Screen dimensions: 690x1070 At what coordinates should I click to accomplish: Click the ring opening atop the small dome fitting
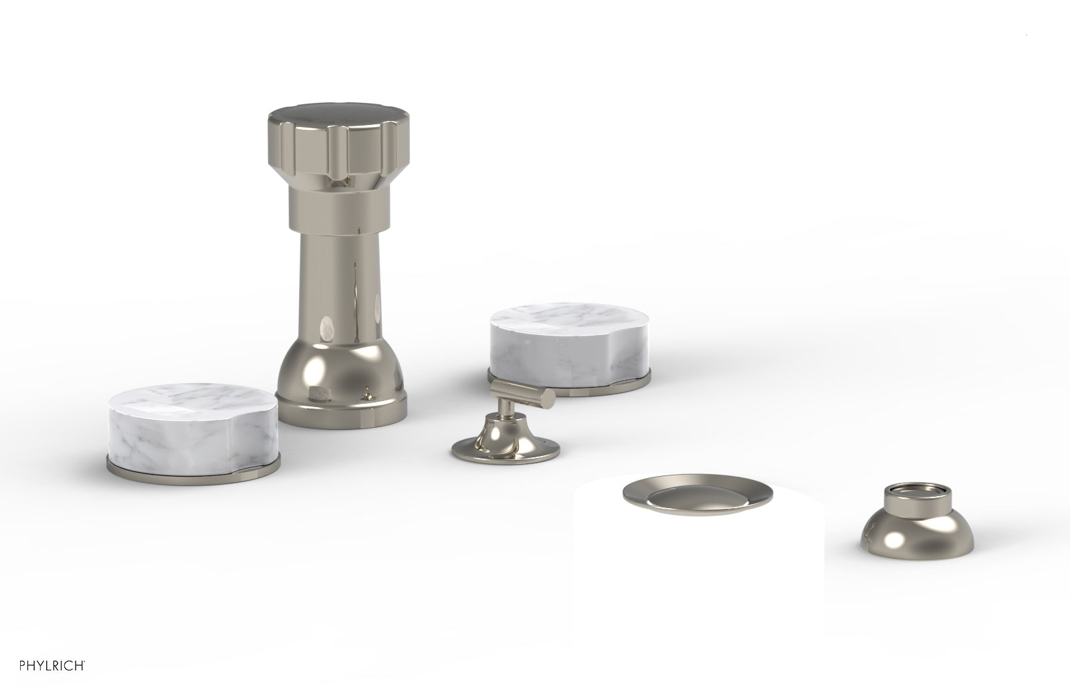tap(907, 475)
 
